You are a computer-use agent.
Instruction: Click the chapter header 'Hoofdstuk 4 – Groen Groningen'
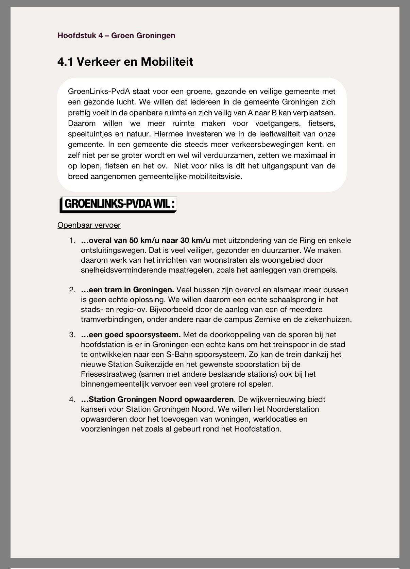(116, 35)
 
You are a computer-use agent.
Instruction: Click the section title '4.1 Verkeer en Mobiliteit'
(125, 62)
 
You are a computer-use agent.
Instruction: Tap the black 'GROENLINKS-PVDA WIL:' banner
(118, 205)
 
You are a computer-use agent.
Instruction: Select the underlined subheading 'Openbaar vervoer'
(89, 225)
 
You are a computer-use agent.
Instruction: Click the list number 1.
(72, 241)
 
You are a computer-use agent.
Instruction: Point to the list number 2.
(72, 290)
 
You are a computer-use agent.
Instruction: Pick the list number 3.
(72, 335)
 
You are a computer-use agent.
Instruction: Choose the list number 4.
(72, 399)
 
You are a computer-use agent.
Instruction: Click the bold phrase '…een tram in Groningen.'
(127, 290)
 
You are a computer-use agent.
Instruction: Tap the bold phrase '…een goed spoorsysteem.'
(131, 335)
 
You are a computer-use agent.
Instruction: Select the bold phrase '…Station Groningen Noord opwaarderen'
(157, 399)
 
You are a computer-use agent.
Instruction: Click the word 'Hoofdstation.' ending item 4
(258, 429)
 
